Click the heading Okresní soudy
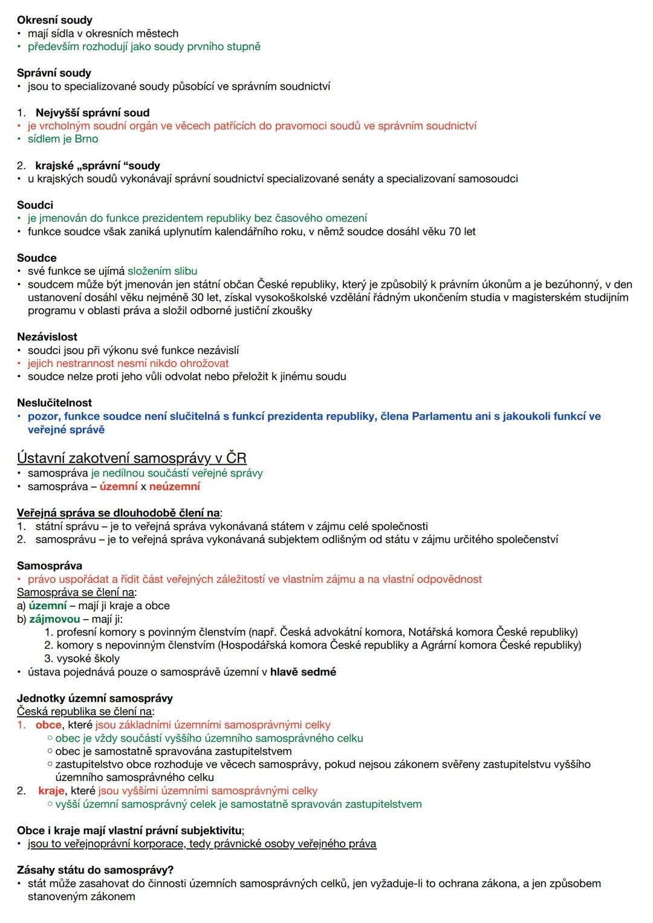tap(54, 20)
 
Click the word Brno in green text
tap(86, 139)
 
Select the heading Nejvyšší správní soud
tap(92, 112)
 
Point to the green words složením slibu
tap(162, 271)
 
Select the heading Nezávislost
tap(47, 337)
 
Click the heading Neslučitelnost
tap(54, 403)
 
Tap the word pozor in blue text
tap(42, 416)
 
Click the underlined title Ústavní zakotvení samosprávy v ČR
tap(132, 458)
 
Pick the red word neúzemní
tap(174, 487)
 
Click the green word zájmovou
tap(54, 619)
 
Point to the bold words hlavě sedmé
tap(303, 672)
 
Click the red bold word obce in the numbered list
tap(48, 725)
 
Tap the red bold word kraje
tap(51, 791)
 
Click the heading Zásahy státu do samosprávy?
tap(95, 870)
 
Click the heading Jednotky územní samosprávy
tap(95, 698)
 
